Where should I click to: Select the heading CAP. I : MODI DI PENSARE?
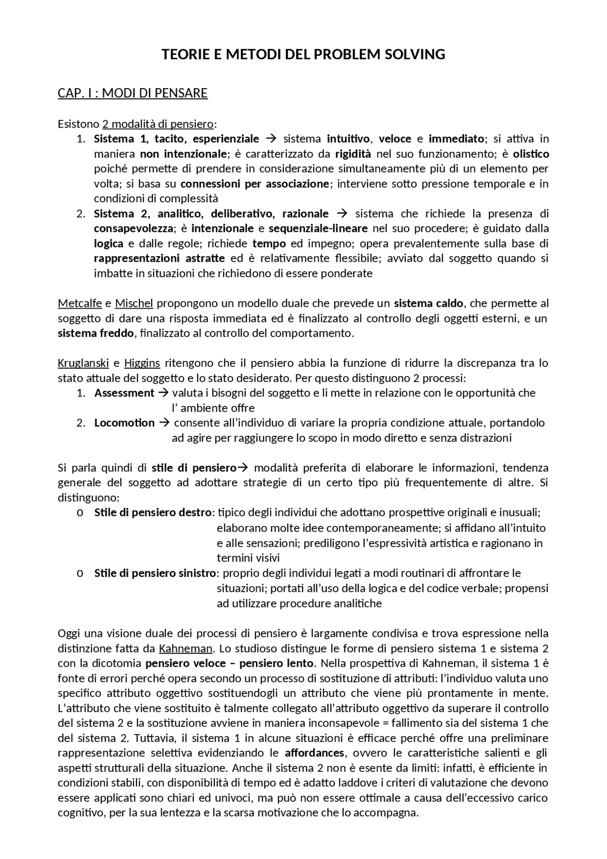tap(133, 93)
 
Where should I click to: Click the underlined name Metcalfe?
tap(80, 303)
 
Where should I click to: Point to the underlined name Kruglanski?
tap(83, 363)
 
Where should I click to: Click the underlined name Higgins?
tap(142, 363)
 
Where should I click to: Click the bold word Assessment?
tap(124, 393)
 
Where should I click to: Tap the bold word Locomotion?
tap(124, 423)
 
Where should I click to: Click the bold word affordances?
tap(314, 753)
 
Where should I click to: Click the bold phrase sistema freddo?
tap(96, 333)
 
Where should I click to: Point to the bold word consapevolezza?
tap(133, 229)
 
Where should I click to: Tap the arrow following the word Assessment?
tap(163, 393)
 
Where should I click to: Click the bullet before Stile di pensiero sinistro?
tap(80, 573)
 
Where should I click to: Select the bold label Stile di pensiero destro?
tap(153, 513)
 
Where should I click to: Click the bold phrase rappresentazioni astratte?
tap(159, 259)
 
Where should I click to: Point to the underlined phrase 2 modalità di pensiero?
tap(158, 124)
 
